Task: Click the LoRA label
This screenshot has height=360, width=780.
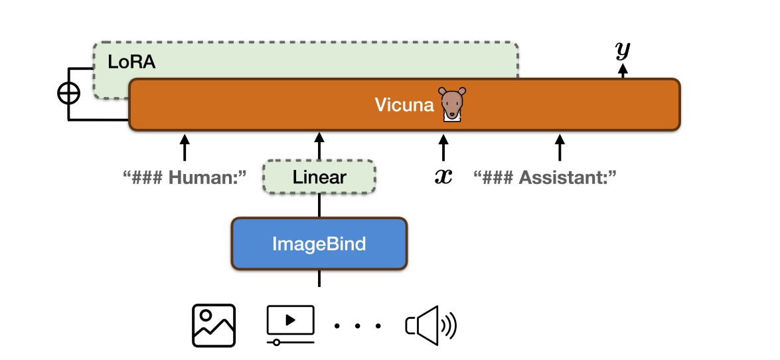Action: (131, 62)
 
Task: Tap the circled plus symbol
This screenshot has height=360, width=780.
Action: (68, 94)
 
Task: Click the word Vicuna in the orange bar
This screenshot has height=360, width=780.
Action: (404, 104)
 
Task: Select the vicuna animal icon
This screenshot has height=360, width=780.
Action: (452, 104)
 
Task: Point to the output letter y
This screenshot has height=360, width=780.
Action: (623, 50)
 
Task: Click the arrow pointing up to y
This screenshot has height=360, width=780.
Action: (623, 70)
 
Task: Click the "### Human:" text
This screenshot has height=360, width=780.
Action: (185, 177)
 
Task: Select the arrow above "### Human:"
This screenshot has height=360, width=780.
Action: (185, 147)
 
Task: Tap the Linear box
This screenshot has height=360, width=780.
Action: (319, 177)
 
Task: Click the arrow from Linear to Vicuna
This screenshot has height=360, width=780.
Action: (319, 146)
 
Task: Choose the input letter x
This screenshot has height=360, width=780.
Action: (443, 177)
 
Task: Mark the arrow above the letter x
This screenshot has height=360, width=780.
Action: (443, 147)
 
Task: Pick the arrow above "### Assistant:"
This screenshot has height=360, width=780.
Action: (560, 147)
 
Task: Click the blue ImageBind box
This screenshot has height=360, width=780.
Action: (319, 244)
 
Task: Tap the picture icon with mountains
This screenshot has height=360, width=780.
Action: (214, 325)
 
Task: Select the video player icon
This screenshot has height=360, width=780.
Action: (290, 324)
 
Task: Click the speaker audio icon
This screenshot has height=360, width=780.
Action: (431, 325)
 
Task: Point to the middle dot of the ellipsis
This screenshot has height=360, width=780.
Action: (358, 326)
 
